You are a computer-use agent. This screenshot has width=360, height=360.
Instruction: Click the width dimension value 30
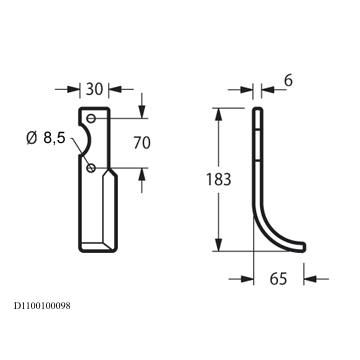pos(94,89)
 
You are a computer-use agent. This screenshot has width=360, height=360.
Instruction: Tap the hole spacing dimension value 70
pos(142,143)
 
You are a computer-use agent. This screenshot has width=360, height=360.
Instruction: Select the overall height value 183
pos(218,179)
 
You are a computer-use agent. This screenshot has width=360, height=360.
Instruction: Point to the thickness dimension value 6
pos(288,81)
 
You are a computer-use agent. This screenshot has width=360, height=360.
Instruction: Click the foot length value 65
pos(278,279)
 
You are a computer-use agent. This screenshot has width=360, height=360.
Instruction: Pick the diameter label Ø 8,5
pos(46,138)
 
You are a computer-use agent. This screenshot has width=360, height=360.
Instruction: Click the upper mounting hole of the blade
pos(91,118)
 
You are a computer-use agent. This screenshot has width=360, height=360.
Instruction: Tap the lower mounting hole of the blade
pos(91,168)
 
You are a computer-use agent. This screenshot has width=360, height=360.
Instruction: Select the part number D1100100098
pos(42,306)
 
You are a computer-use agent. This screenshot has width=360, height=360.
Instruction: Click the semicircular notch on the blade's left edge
pos(88,140)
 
